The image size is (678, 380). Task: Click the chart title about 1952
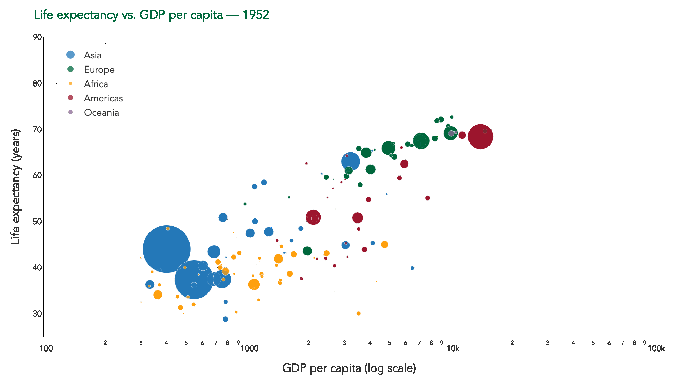click(152, 15)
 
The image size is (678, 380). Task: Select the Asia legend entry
click(93, 55)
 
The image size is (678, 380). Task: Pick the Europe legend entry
click(99, 69)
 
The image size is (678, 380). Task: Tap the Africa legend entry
click(96, 84)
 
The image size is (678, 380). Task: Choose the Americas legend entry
click(103, 98)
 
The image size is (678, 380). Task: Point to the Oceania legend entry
click(101, 112)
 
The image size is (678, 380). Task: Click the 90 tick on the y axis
click(37, 37)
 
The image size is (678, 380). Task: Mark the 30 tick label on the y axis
click(37, 314)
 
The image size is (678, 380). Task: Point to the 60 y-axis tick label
click(37, 175)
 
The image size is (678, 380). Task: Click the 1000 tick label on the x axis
click(250, 348)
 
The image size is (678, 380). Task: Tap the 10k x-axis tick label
click(453, 348)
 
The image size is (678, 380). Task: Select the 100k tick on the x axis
click(656, 348)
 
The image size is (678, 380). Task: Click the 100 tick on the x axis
click(46, 348)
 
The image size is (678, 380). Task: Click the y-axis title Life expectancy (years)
click(16, 187)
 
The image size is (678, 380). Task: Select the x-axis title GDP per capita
click(349, 368)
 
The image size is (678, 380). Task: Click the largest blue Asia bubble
click(166, 249)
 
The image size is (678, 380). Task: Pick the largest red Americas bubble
click(480, 137)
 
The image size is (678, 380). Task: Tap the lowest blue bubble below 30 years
click(225, 319)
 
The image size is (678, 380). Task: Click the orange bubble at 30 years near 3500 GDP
click(359, 313)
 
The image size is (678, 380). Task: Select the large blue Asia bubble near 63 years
click(351, 161)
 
